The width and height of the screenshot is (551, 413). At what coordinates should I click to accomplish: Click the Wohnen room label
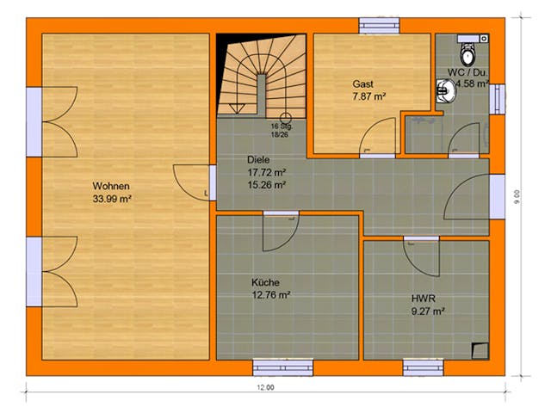(x=112, y=186)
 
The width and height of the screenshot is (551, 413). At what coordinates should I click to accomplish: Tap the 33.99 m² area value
(x=112, y=199)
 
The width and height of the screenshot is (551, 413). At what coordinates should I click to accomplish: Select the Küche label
(x=265, y=281)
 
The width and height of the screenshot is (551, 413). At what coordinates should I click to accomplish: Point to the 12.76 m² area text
(x=270, y=294)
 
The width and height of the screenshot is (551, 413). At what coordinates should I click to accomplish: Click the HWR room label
(x=423, y=299)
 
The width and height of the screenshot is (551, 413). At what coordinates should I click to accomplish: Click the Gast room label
(x=363, y=83)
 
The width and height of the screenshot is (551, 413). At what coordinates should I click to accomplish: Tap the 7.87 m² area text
(x=368, y=96)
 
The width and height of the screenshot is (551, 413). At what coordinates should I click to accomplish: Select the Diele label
(x=258, y=159)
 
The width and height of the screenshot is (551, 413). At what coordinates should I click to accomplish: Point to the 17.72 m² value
(x=266, y=171)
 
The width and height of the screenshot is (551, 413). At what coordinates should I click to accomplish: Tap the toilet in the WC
(x=468, y=53)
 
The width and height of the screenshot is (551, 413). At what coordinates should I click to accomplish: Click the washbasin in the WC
(x=445, y=88)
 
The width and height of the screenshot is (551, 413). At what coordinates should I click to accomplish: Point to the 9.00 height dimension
(x=517, y=198)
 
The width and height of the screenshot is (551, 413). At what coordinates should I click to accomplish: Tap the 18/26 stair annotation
(x=280, y=134)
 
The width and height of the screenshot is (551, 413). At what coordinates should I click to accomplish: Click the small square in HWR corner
(x=479, y=349)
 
